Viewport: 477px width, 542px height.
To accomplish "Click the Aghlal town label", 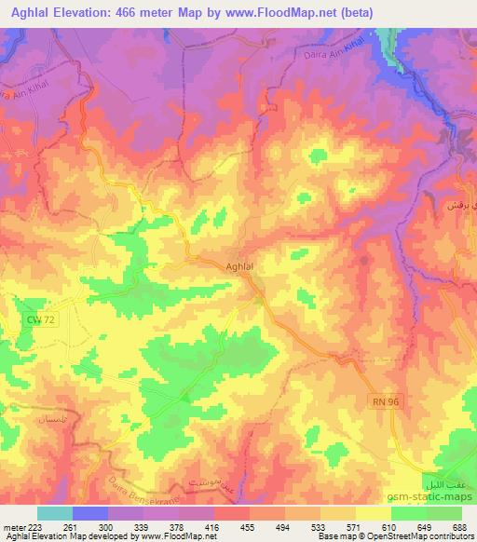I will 240,267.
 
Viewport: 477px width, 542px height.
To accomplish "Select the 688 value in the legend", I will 458,527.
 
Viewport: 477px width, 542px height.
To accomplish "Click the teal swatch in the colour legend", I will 55,513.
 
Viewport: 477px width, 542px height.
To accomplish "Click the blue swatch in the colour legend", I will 90,513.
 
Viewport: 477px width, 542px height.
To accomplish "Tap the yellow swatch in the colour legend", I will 374,513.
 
